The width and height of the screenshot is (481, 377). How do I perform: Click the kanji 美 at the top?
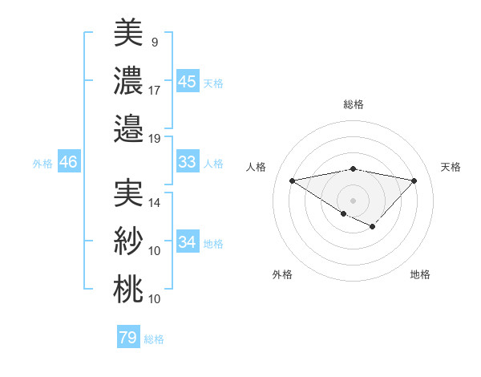[x=128, y=33]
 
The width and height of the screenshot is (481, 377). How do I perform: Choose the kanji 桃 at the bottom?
[x=128, y=289]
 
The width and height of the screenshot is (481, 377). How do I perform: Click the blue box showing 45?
[x=187, y=81]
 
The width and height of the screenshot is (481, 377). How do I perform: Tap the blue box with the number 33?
[x=187, y=162]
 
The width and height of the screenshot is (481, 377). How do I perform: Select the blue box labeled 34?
[x=187, y=242]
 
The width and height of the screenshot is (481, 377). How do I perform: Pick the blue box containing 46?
[x=69, y=162]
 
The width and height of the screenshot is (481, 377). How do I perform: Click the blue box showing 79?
[x=128, y=338]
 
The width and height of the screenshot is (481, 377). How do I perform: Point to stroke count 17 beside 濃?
[x=155, y=91]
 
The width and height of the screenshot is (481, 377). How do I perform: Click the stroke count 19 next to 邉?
[x=155, y=138]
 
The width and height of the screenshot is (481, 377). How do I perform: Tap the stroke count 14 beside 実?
[x=155, y=204]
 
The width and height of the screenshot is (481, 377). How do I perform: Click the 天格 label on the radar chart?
[x=451, y=167]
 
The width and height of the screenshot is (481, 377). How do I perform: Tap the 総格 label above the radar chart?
[x=353, y=104]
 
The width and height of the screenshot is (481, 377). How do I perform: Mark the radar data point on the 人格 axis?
[x=293, y=180]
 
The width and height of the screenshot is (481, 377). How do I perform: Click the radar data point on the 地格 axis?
[x=373, y=228]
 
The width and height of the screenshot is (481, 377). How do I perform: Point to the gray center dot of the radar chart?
[x=353, y=200]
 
